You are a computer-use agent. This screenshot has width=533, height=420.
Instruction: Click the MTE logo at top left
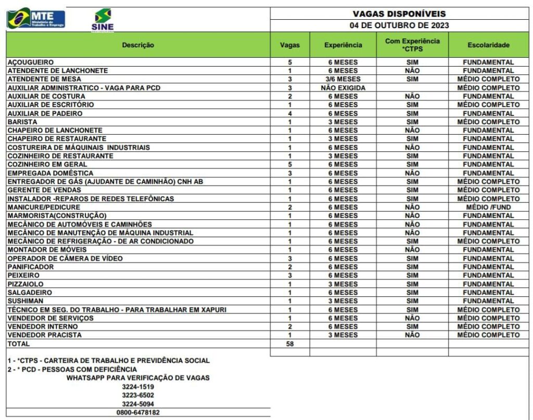(x=36, y=18)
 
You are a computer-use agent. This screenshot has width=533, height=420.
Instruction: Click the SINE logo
(x=103, y=20)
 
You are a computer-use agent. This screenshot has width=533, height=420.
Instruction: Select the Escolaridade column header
(x=488, y=45)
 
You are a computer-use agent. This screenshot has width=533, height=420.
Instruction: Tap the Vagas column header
(x=290, y=45)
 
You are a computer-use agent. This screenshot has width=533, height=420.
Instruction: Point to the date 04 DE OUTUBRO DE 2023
(x=399, y=25)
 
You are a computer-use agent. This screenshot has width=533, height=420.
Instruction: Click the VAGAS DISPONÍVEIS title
(x=399, y=14)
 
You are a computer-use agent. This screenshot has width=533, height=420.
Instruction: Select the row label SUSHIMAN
(x=25, y=301)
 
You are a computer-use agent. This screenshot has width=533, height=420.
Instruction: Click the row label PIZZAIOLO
(x=25, y=284)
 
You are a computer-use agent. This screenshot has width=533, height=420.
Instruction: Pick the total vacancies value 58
(x=290, y=344)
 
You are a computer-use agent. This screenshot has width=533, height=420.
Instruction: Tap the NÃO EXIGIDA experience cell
(x=343, y=88)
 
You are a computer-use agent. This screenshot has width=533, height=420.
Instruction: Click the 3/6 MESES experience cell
(x=343, y=79)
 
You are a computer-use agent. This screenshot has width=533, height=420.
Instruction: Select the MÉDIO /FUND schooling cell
(x=488, y=207)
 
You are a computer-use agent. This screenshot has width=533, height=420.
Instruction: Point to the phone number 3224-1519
(x=138, y=387)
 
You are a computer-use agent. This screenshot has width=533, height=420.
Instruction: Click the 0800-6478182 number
(x=138, y=412)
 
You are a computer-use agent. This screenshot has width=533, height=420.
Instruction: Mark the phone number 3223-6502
(x=138, y=395)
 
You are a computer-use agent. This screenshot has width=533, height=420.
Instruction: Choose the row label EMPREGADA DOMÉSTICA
(x=50, y=173)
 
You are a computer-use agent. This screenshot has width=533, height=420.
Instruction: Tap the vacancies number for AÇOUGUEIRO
(x=290, y=62)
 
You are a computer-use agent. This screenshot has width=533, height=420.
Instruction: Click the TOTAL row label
(x=18, y=344)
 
